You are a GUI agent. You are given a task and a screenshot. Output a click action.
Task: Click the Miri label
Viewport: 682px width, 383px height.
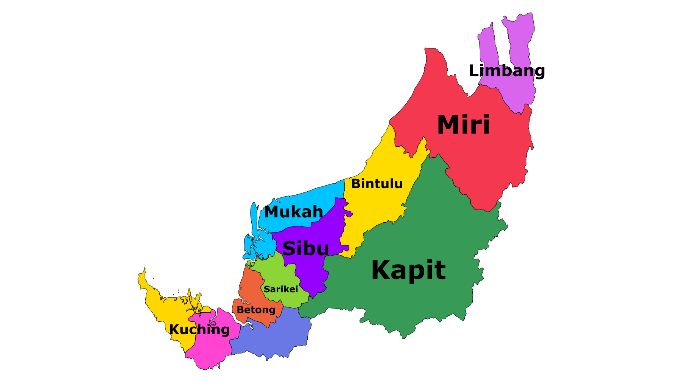pyautogui.click(x=463, y=125)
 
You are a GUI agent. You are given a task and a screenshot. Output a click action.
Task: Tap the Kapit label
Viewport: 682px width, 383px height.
pyautogui.click(x=408, y=270)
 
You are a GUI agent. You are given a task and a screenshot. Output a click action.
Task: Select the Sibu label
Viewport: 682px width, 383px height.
pyautogui.click(x=305, y=249)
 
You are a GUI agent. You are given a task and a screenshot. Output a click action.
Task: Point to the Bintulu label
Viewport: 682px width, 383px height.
pyautogui.click(x=377, y=184)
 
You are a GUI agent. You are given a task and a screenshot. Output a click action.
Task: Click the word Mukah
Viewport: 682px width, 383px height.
pyautogui.click(x=294, y=212)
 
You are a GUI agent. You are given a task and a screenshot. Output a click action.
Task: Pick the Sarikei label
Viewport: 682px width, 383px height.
pyautogui.click(x=281, y=289)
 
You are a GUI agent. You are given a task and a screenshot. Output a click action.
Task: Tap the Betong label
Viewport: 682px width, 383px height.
pyautogui.click(x=256, y=310)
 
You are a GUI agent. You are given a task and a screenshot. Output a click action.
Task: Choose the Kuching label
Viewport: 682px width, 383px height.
pyautogui.click(x=199, y=330)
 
